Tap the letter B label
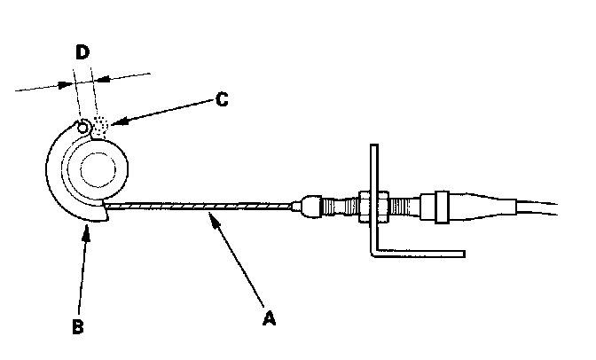[77, 325]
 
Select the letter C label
[222, 99]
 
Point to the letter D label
[82, 52]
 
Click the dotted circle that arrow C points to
[101, 126]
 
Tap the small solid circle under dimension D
[83, 127]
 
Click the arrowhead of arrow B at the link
[87, 227]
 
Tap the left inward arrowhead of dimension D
[70, 85]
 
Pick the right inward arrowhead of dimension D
[98, 78]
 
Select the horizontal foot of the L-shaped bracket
[417, 253]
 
